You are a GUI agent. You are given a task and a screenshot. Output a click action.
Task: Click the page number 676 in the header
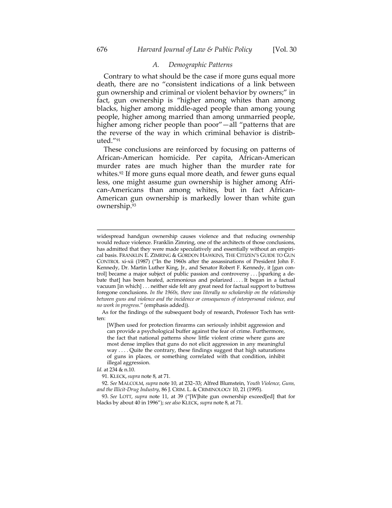tap(102, 50)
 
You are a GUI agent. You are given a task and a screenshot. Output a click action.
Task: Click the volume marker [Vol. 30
tap(284, 50)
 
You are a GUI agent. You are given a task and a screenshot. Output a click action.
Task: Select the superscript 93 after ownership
tap(134, 205)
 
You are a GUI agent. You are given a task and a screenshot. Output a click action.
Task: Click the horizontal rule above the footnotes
tap(196, 230)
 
